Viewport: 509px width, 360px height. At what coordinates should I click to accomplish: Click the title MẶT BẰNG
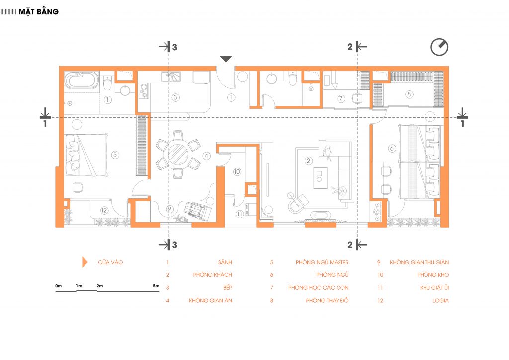[39, 12]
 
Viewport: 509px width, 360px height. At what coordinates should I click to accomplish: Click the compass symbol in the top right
[439, 47]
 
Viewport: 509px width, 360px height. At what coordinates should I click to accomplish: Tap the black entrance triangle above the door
[226, 59]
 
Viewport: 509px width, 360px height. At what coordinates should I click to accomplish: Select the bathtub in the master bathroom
[81, 80]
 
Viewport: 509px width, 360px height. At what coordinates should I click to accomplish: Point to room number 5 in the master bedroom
[115, 155]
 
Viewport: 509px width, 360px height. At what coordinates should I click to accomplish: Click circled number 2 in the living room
[308, 161]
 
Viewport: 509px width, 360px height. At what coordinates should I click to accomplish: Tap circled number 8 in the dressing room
[409, 94]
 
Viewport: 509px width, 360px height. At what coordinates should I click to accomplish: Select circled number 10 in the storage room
[237, 171]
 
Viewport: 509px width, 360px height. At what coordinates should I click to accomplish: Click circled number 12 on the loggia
[104, 210]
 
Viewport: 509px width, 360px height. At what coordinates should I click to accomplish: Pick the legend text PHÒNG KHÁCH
[213, 275]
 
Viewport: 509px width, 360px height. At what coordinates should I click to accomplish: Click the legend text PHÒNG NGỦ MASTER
[322, 262]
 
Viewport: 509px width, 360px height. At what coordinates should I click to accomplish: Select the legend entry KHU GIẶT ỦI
[434, 287]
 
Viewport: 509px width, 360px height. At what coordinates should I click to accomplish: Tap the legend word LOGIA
[440, 301]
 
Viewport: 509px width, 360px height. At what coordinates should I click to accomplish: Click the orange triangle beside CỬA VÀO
[85, 262]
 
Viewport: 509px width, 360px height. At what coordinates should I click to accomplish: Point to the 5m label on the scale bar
[156, 286]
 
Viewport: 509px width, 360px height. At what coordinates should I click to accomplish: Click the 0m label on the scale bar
[59, 286]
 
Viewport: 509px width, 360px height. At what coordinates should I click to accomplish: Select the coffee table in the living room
[320, 178]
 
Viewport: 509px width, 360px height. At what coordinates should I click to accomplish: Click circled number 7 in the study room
[341, 98]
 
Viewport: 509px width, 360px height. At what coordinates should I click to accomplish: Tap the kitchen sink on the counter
[171, 77]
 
